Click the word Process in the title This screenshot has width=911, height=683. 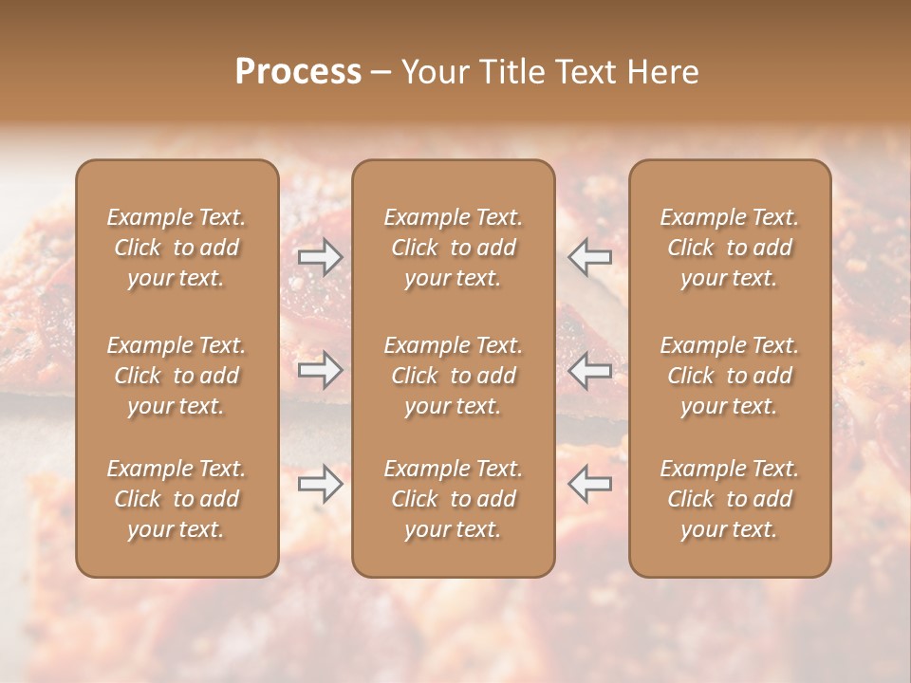(298, 72)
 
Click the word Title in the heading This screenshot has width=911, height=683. (510, 72)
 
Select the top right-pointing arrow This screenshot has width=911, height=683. (321, 257)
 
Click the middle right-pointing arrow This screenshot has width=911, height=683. (321, 370)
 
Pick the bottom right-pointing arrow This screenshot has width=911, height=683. (321, 484)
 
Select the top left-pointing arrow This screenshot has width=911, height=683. (590, 257)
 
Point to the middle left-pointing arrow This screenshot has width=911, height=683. (590, 370)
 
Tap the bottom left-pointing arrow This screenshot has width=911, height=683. (590, 484)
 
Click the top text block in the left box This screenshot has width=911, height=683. (177, 248)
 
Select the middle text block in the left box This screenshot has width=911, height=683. (177, 376)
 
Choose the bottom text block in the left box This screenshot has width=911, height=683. (177, 499)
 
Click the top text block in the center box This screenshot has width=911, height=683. (454, 248)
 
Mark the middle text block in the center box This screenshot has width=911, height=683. (454, 376)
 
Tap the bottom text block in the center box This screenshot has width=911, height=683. (454, 499)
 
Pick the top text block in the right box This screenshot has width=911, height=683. (730, 248)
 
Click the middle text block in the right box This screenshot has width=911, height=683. (730, 376)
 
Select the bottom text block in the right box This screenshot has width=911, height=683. (730, 499)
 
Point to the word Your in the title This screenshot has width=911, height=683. (435, 72)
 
